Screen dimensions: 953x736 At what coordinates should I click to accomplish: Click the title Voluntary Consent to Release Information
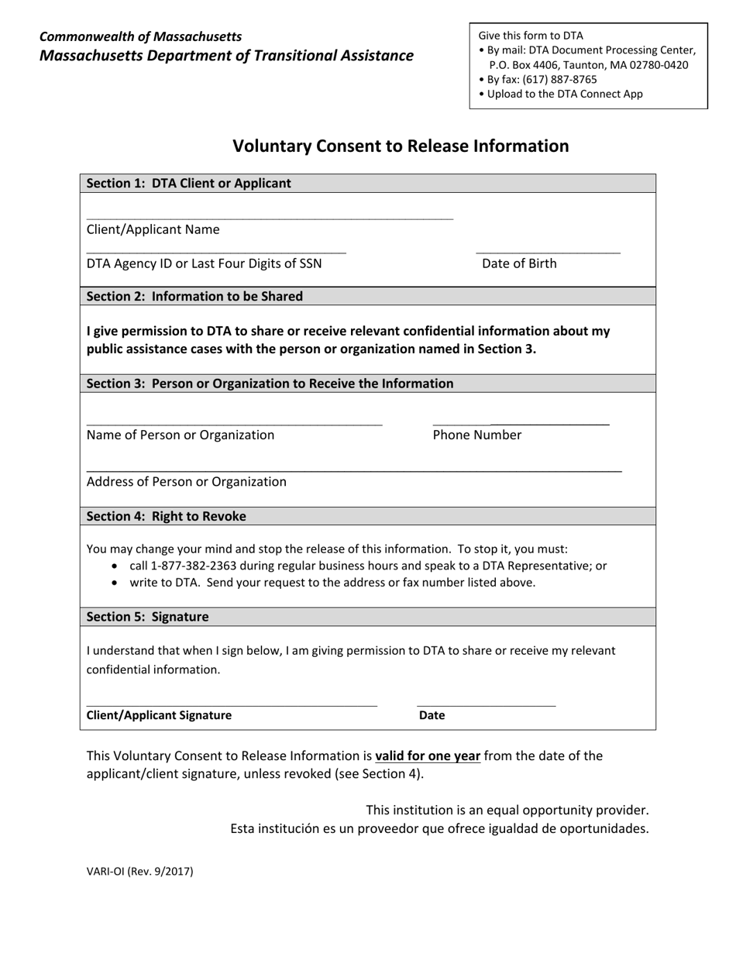pyautogui.click(x=401, y=146)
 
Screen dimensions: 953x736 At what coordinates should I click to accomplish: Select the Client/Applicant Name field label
pyautogui.click(x=153, y=229)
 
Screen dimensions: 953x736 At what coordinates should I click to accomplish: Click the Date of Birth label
pyautogui.click(x=519, y=263)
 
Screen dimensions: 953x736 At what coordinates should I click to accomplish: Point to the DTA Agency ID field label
pyautogui.click(x=204, y=263)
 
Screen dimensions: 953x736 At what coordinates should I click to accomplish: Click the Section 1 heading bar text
pyautogui.click(x=189, y=184)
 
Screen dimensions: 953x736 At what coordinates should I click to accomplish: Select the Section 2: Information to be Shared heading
pyautogui.click(x=194, y=296)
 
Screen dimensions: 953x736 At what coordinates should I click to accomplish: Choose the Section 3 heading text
pyautogui.click(x=270, y=384)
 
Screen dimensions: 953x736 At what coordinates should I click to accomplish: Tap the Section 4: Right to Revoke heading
pyautogui.click(x=166, y=516)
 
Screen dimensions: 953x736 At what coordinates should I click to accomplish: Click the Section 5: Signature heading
pyautogui.click(x=147, y=617)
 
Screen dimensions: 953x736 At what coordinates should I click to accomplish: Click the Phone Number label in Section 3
pyautogui.click(x=476, y=435)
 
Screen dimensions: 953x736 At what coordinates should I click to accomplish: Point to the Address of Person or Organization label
pyautogui.click(x=186, y=482)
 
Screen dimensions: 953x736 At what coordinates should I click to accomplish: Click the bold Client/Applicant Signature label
pyautogui.click(x=159, y=715)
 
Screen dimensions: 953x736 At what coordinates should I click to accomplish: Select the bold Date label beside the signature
pyautogui.click(x=432, y=715)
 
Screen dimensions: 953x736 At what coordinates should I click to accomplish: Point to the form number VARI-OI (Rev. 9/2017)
pyautogui.click(x=139, y=871)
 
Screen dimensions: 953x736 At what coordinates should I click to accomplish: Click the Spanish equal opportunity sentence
pyautogui.click(x=439, y=828)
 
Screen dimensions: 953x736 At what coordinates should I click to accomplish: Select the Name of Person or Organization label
pyautogui.click(x=180, y=435)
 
